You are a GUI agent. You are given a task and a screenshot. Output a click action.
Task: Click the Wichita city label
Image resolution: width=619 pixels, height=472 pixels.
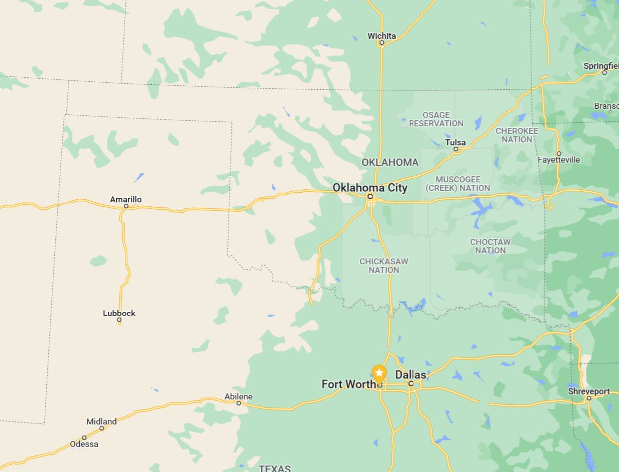pos(381,36)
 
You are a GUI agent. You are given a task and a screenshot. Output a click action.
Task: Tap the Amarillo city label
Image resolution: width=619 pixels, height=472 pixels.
pos(126,199)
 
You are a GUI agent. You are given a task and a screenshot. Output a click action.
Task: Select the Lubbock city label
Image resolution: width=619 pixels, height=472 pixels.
pos(119,313)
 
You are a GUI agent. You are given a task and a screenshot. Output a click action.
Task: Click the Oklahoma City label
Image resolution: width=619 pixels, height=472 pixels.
pos(370,188)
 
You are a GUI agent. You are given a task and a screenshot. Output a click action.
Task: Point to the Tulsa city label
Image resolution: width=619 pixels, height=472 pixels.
pos(455,142)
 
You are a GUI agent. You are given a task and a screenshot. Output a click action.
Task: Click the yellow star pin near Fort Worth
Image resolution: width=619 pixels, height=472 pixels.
pos(379,373)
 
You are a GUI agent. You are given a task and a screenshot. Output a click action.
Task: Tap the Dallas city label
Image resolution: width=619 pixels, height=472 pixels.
pos(411,375)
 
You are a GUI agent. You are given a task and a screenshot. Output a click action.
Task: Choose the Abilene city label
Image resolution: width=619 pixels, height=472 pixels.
pos(238,396)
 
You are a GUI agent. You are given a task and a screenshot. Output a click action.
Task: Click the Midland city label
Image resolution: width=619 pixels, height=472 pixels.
pos(101,421)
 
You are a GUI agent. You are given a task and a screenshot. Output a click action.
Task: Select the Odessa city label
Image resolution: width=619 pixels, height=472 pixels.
pos(84,444)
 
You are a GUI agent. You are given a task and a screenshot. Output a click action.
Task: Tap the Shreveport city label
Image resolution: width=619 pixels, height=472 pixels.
pos(589,391)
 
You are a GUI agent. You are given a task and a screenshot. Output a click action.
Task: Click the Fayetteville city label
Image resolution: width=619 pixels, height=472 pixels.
pos(559,159)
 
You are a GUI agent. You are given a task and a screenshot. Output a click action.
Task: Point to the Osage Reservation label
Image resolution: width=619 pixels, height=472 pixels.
pos(436,119)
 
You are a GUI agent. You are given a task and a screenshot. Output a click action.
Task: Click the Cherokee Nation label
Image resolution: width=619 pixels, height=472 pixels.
pos(517,135)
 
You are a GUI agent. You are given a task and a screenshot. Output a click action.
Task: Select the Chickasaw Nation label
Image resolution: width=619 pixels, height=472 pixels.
pos(384,265)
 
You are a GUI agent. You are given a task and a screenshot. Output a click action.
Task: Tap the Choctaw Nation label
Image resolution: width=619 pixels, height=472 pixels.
pos(490,246)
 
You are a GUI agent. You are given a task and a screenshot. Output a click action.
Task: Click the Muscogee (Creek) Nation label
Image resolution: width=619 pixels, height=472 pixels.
pos(458,183)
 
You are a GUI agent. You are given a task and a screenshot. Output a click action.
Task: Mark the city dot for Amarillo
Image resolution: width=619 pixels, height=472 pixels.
pos(126,206)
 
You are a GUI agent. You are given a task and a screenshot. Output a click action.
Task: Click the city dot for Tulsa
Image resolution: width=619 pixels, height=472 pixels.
pos(456,149)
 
